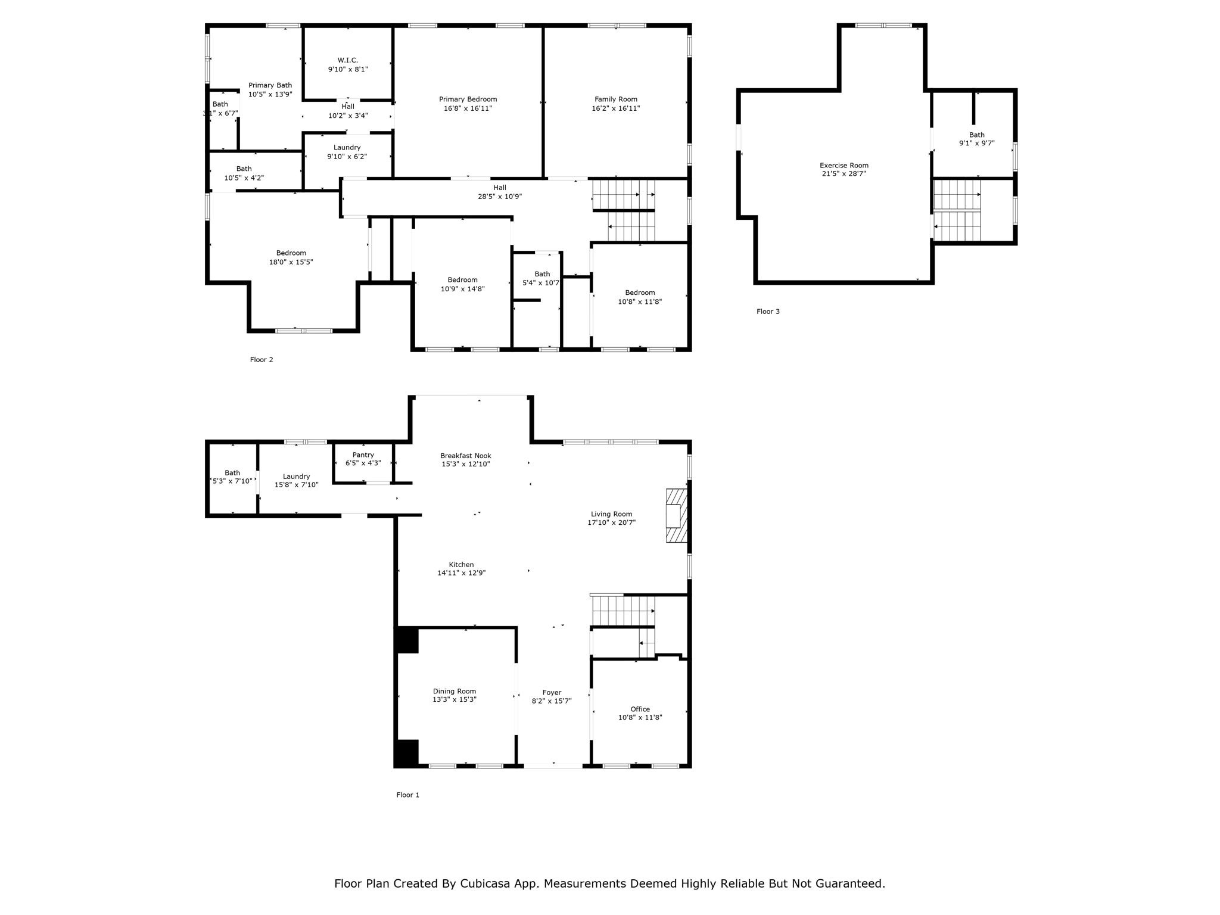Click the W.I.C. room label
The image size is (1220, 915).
point(348,60)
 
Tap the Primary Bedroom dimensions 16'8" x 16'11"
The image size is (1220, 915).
point(468,108)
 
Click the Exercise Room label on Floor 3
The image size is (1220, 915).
point(844,166)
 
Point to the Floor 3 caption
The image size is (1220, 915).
point(768,312)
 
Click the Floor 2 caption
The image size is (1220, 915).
point(262,360)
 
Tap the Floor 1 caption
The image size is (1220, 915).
point(408,795)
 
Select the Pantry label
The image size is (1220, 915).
point(363,455)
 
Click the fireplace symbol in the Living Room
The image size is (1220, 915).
point(676,515)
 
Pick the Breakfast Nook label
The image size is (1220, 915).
point(465,456)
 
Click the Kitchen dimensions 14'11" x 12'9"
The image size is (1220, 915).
point(461,573)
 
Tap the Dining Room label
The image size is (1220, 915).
point(454,692)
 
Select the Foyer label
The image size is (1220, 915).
point(552,693)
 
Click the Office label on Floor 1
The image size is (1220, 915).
point(640,709)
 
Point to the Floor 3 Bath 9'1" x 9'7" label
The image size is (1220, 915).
point(976,139)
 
